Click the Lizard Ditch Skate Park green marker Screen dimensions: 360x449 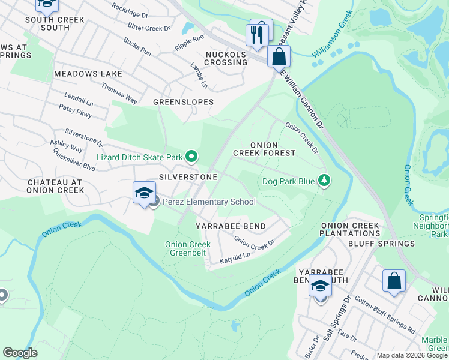click(x=191, y=157)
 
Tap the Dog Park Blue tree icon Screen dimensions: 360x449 click(x=324, y=181)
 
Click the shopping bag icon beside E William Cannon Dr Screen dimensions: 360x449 click(x=279, y=57)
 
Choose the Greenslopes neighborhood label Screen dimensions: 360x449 click(x=183, y=102)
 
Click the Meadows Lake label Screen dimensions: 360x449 click(x=88, y=74)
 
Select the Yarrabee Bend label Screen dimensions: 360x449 click(x=231, y=226)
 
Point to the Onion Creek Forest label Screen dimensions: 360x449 click(x=264, y=149)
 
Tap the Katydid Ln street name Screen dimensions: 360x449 click(x=234, y=259)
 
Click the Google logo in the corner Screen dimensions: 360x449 click(x=20, y=353)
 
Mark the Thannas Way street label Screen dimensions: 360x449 click(x=119, y=94)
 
